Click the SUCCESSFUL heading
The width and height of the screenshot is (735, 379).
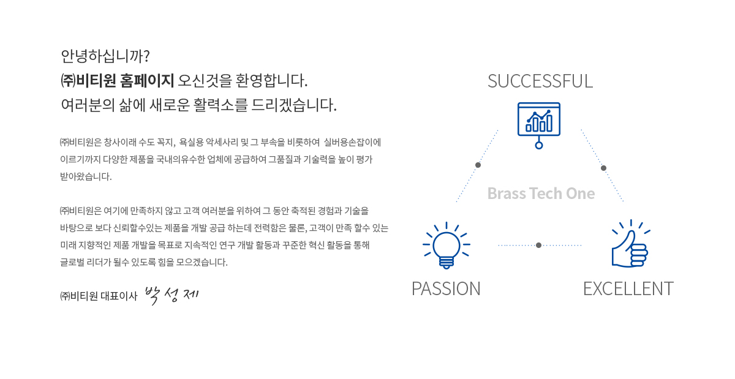click(540, 81)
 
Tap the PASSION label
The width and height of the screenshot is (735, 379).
click(446, 289)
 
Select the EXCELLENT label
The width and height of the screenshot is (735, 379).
click(628, 289)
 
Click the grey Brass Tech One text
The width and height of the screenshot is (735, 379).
click(541, 193)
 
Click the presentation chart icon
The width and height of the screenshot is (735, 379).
click(539, 126)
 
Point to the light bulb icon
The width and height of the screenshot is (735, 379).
click(447, 246)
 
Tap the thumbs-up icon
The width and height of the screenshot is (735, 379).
click(630, 244)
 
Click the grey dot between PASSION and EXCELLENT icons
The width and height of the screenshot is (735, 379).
click(538, 245)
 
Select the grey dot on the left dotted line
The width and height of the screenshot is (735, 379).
click(478, 165)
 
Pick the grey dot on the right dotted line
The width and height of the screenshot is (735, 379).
click(603, 168)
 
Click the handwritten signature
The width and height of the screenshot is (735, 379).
click(171, 295)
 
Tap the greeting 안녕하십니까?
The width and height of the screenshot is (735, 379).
click(105, 56)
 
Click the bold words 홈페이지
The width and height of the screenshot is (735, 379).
click(146, 81)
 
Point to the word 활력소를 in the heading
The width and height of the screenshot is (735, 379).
click(220, 105)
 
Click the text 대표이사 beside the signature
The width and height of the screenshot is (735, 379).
click(119, 296)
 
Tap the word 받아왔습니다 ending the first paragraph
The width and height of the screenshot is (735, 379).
click(86, 176)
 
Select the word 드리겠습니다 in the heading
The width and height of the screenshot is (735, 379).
click(294, 105)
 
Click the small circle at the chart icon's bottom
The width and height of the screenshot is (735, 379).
click(539, 145)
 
